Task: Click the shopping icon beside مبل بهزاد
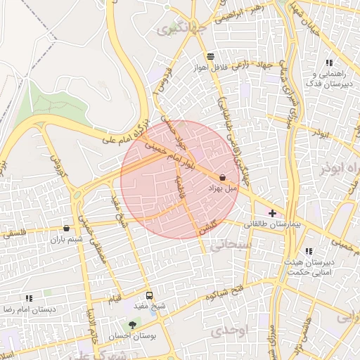(x=223, y=178)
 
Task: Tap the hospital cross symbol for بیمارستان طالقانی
(x=272, y=213)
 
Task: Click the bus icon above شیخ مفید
(x=149, y=295)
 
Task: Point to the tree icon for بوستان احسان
(x=132, y=325)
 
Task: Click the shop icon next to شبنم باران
(x=66, y=228)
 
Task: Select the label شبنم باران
(x=66, y=239)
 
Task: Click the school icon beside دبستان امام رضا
(x=29, y=298)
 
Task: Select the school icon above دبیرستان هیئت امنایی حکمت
(x=309, y=251)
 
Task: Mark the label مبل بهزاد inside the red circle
(x=223, y=189)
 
